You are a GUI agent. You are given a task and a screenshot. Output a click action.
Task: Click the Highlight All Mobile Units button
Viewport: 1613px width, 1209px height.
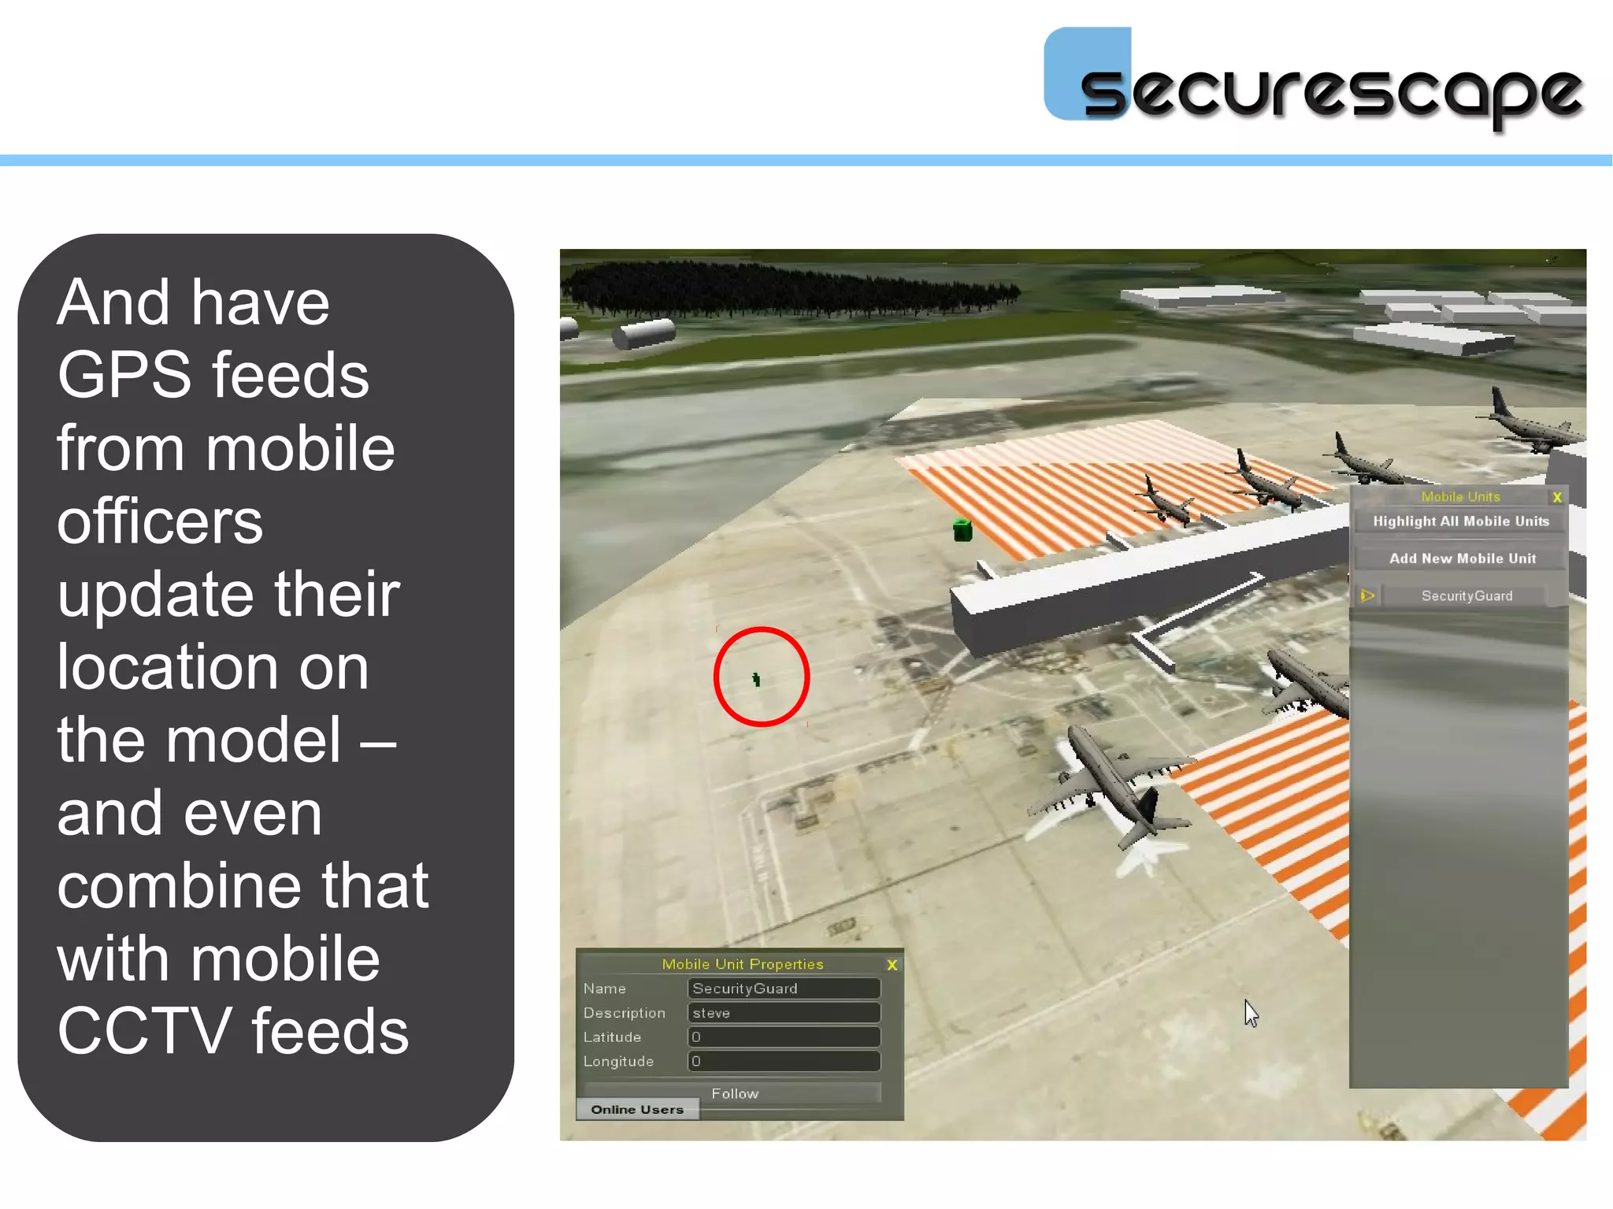[1460, 521]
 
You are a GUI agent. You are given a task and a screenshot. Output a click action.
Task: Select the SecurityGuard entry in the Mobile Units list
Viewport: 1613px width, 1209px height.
[1467, 596]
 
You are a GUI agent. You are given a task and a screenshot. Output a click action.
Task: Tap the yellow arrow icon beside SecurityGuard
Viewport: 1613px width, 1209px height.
[1367, 596]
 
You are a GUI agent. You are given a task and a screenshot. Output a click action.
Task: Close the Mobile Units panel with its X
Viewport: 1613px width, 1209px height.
[1557, 497]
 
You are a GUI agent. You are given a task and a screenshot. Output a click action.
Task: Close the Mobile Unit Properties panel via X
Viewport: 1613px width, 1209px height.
[892, 965]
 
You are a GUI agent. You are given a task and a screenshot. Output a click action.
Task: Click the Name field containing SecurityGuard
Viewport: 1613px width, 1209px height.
[784, 988]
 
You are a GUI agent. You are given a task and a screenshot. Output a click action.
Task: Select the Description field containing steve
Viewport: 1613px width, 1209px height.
[784, 1013]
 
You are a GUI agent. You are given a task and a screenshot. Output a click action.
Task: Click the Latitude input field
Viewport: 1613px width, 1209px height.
[784, 1037]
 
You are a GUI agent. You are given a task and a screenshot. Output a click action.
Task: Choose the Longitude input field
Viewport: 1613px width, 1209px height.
[784, 1062]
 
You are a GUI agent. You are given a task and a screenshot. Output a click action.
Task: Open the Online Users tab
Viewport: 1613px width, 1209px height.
[637, 1110]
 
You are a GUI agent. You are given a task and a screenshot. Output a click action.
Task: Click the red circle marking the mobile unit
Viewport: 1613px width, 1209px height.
[761, 677]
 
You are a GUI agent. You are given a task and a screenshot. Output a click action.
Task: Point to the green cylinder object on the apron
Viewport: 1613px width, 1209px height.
[962, 530]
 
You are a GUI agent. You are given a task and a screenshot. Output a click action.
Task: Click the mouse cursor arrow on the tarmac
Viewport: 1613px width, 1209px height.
[1251, 1013]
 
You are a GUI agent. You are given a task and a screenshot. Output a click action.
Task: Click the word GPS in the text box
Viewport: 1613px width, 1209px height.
[124, 375]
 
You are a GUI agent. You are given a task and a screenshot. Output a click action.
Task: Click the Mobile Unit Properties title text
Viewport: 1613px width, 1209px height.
[742, 964]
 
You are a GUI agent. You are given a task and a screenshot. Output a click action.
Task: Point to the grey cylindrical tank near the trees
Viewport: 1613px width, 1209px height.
[644, 333]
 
